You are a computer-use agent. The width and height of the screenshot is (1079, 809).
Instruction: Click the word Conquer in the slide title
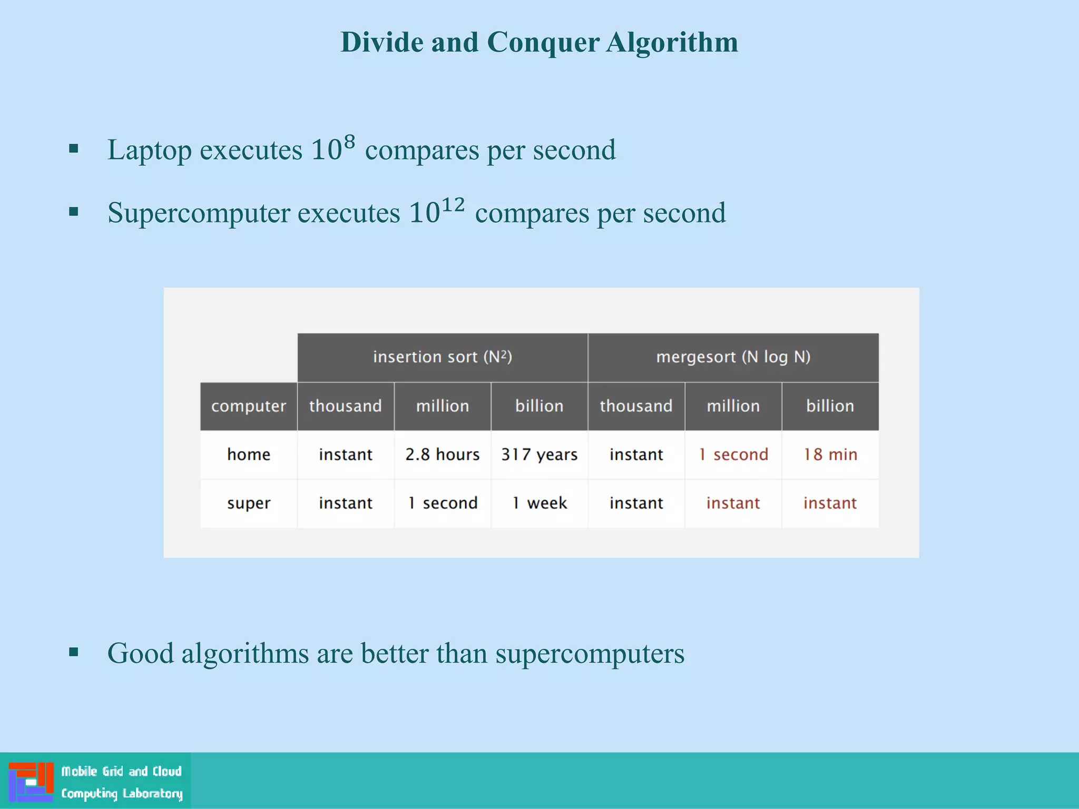pyautogui.click(x=543, y=42)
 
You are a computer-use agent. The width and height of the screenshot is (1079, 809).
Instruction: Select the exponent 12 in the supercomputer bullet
pyautogui.click(x=453, y=205)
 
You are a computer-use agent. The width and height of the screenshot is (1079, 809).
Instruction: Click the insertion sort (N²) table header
pyautogui.click(x=443, y=357)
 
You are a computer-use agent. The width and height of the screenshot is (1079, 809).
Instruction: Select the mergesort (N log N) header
pyautogui.click(x=733, y=357)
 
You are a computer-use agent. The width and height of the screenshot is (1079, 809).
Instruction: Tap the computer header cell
pyautogui.click(x=249, y=406)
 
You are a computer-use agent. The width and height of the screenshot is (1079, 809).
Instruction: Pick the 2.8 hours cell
pyautogui.click(x=443, y=455)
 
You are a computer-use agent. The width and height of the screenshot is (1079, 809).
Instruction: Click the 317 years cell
pyautogui.click(x=539, y=455)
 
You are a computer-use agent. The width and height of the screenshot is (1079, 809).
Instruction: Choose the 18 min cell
pyautogui.click(x=830, y=455)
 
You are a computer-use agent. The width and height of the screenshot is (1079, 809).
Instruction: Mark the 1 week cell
pyautogui.click(x=539, y=503)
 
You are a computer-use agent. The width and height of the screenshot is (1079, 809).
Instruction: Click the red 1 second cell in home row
pyautogui.click(x=733, y=455)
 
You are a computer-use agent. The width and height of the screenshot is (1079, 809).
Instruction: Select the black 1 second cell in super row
pyautogui.click(x=443, y=503)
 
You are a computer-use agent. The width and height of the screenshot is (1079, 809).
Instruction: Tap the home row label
pyautogui.click(x=249, y=455)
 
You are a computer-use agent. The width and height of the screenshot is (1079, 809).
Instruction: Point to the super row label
pyautogui.click(x=249, y=504)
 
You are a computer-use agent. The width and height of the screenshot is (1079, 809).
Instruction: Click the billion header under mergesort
pyautogui.click(x=830, y=406)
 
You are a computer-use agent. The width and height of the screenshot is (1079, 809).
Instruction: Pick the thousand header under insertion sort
pyautogui.click(x=346, y=406)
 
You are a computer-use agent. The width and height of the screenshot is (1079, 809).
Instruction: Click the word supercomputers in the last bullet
pyautogui.click(x=590, y=654)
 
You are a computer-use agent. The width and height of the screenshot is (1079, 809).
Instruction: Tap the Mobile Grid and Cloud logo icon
pyautogui.click(x=31, y=782)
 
